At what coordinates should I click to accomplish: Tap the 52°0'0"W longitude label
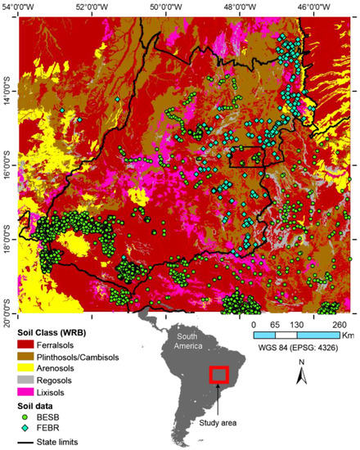pyautogui.click(x=92, y=6)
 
